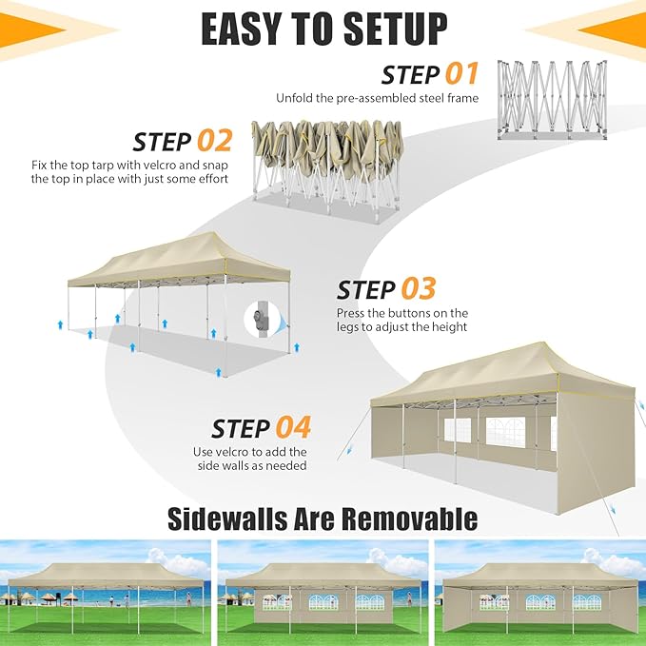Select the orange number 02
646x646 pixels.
pos(214,142)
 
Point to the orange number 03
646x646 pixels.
pos(418,289)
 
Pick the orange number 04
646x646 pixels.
pos(293,428)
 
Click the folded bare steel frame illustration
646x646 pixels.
pos(550,101)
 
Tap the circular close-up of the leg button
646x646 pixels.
pos(264,320)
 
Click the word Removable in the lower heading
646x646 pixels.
pos(399,519)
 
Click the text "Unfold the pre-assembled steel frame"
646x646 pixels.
pos(378,98)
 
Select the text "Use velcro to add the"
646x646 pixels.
pos(262,452)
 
